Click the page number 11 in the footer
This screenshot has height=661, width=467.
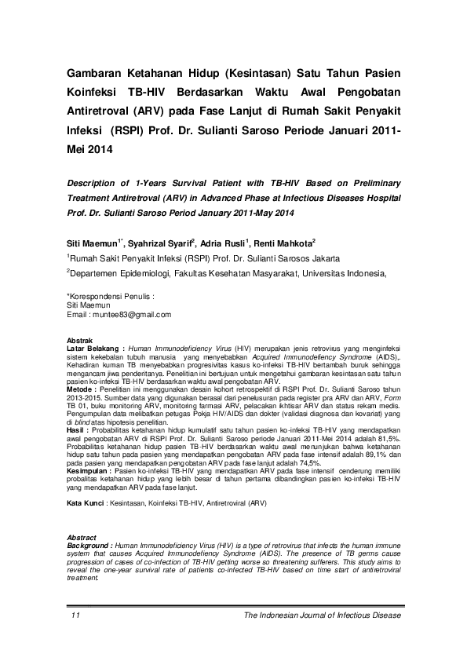[75, 615]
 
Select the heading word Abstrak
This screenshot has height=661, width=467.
[82, 338]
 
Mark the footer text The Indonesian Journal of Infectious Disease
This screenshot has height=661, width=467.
[323, 615]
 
